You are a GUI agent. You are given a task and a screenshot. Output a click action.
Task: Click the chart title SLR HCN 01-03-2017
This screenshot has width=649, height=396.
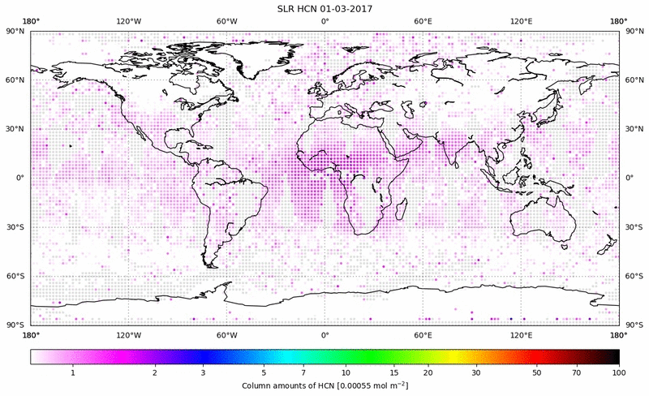click(324, 8)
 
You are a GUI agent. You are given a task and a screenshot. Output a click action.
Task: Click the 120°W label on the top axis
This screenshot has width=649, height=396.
click(128, 22)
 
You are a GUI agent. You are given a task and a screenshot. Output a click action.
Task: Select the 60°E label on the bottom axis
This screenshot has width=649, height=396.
click(423, 334)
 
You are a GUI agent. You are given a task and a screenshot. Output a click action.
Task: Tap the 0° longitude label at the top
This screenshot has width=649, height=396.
click(324, 22)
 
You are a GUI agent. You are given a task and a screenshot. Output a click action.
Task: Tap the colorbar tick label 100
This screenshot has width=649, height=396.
click(618, 372)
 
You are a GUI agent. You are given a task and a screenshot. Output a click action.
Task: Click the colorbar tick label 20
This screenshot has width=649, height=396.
click(427, 372)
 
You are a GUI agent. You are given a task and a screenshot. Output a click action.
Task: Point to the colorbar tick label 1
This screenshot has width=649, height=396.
click(73, 372)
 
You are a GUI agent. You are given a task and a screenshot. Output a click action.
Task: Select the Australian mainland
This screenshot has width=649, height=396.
click(539, 219)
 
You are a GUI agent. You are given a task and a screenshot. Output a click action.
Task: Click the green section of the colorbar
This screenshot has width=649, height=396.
click(357, 356)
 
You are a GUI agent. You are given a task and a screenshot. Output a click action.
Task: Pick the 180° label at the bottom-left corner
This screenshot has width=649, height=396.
click(31, 334)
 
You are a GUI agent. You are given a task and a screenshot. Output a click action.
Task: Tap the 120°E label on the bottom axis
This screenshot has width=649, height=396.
click(521, 334)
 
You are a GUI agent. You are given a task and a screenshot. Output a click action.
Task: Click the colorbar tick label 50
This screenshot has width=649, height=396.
click(537, 372)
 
